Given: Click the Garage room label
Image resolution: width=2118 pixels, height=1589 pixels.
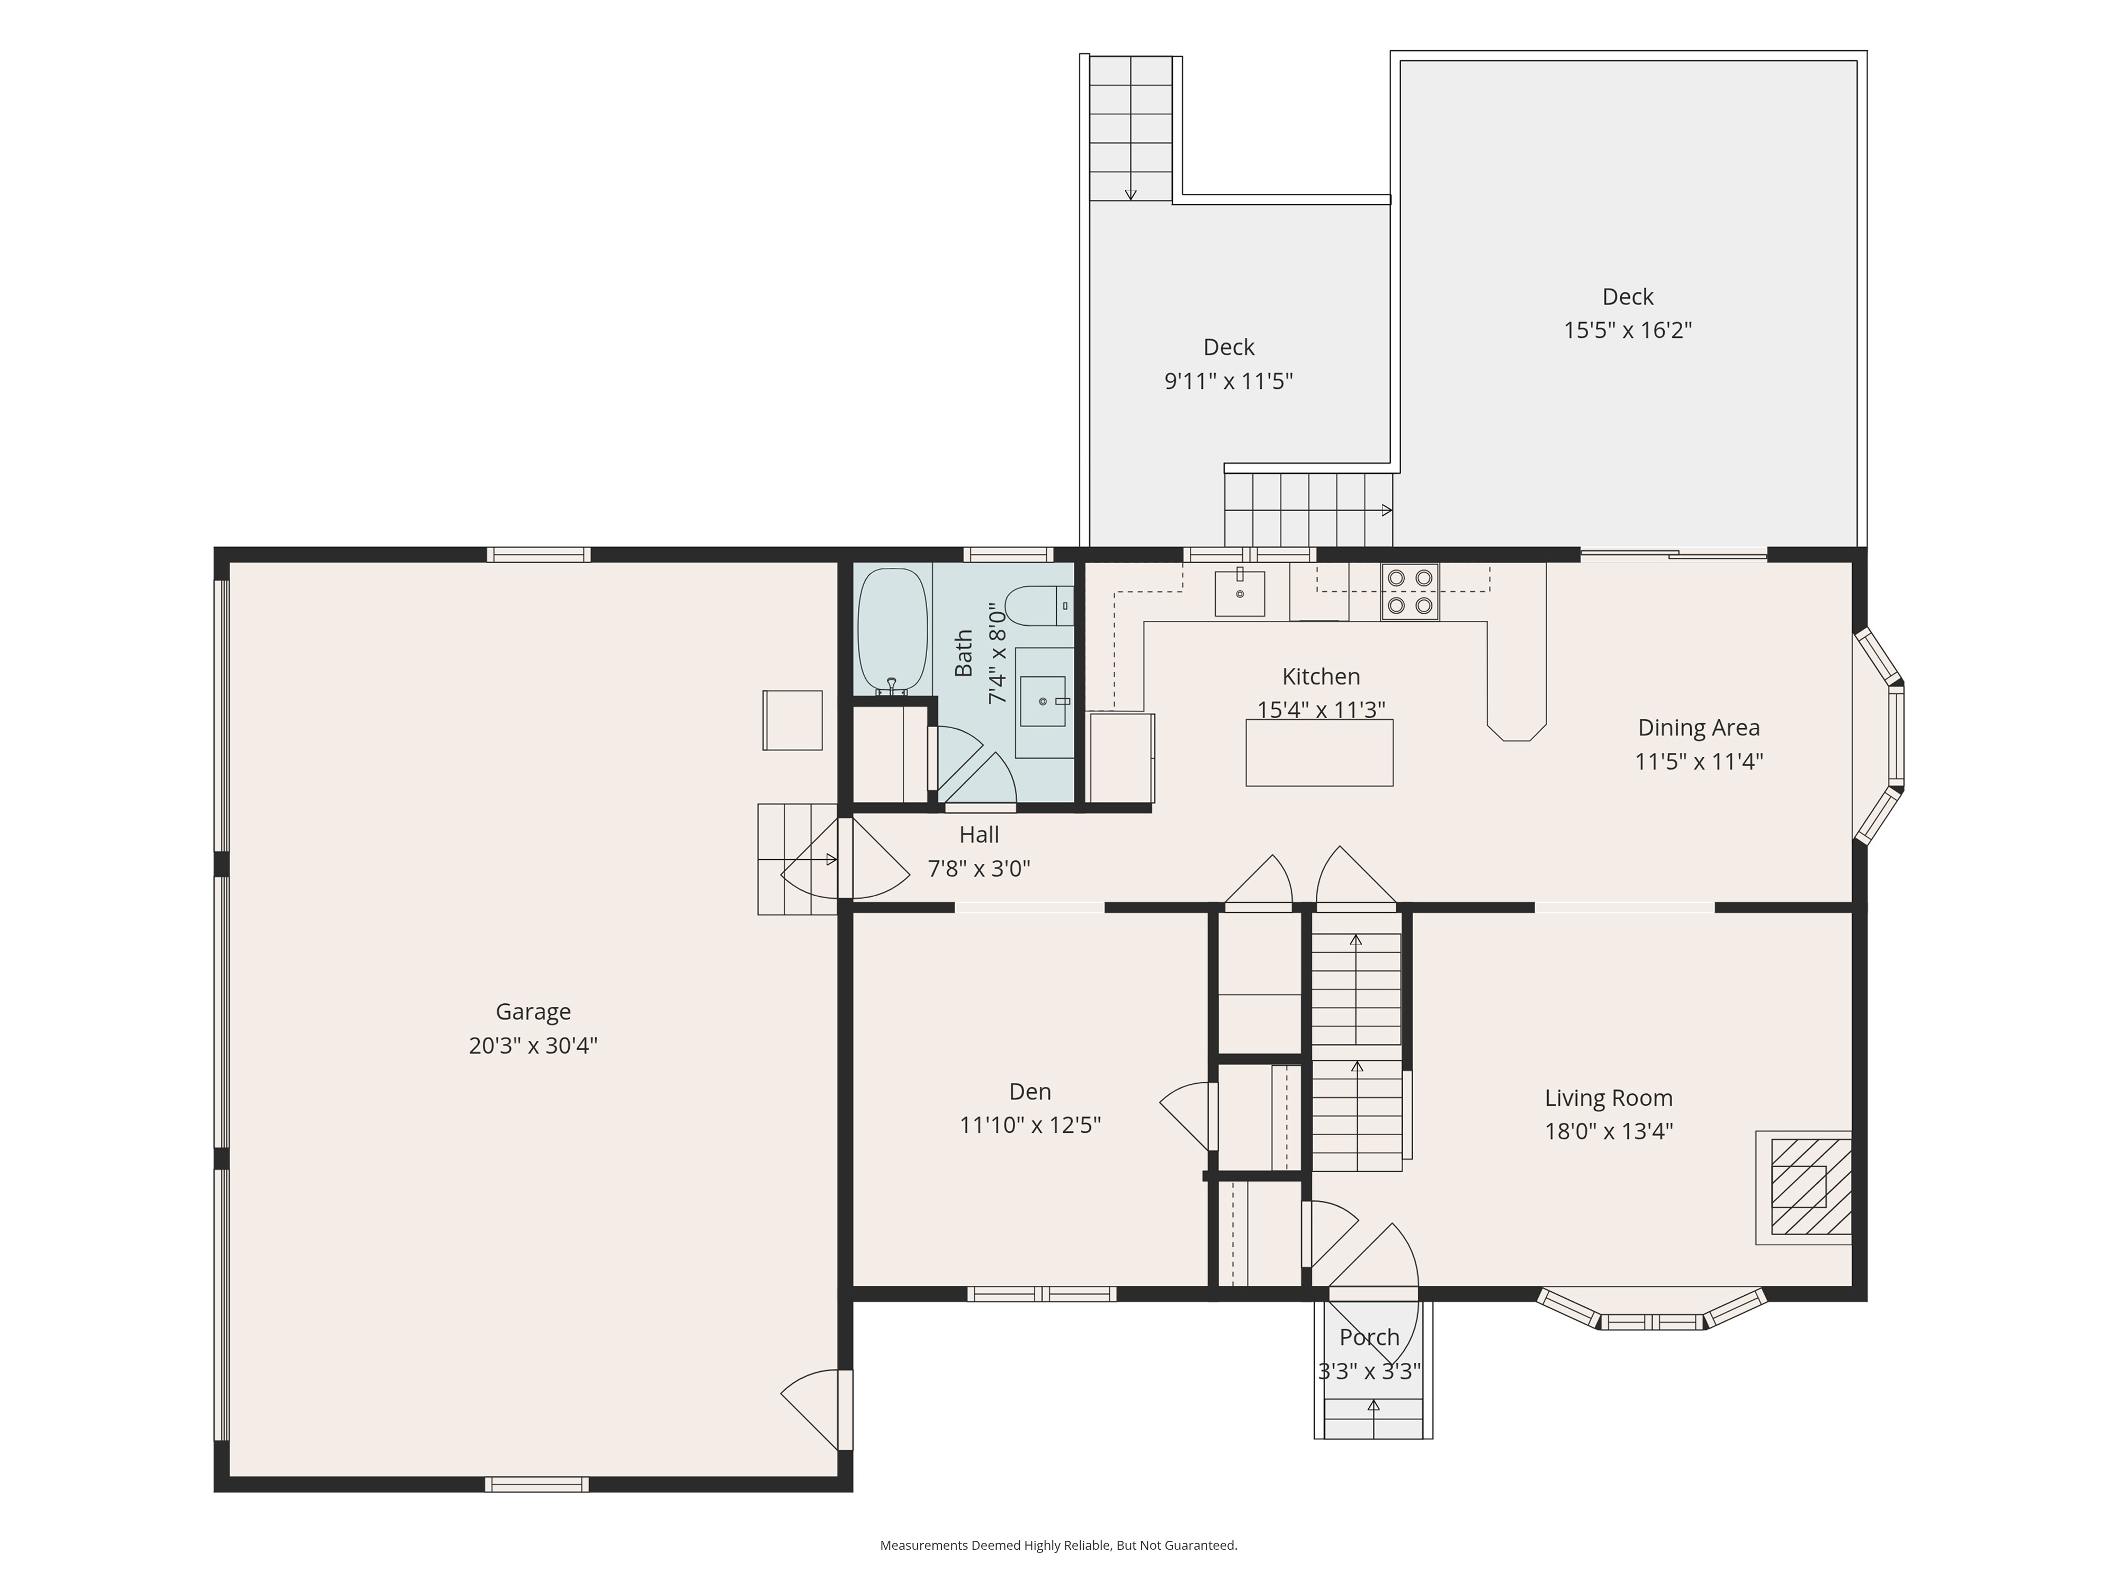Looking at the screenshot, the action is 533,1012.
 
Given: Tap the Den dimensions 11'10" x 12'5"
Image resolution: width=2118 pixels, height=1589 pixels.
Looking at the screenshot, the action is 1030,1124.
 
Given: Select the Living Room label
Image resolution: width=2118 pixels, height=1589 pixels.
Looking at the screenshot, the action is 1609,1099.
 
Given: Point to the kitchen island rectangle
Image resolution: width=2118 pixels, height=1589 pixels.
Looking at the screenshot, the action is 1320,753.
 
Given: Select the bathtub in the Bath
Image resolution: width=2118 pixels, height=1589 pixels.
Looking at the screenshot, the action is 892,632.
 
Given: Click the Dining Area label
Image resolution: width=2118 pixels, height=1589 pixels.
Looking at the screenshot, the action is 1699,728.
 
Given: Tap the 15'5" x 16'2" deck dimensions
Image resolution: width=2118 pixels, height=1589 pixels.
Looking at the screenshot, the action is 1628,331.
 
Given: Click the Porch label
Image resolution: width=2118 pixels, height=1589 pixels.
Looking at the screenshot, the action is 1369,1337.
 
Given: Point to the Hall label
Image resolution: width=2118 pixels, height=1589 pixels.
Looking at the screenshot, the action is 979,834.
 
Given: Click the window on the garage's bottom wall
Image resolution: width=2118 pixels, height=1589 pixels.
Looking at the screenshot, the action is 536,1485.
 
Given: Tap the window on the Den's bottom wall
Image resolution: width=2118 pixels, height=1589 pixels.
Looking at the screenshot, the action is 1042,1294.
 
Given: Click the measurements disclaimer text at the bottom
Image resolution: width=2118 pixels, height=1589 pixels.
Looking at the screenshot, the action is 1059,1545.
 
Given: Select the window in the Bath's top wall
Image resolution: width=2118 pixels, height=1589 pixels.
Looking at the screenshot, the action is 1008,555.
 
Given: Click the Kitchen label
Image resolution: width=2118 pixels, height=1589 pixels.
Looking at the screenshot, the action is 1321,676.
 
